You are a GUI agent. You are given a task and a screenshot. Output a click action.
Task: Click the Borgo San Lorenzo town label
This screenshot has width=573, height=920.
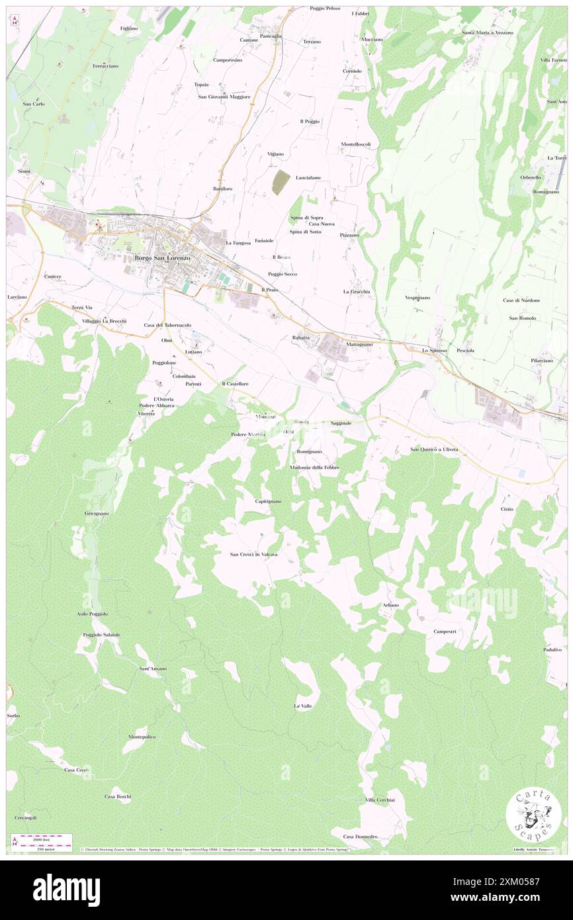162,257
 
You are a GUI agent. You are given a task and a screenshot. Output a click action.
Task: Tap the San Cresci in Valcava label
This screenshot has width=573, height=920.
253,554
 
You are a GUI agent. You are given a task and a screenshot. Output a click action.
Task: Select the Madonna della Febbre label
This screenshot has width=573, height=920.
314,467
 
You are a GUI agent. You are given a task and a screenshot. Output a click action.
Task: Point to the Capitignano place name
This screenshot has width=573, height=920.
268,501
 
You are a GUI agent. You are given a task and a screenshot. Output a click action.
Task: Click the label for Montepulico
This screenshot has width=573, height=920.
142,737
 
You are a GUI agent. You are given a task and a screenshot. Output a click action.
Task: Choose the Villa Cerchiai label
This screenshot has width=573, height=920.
380,800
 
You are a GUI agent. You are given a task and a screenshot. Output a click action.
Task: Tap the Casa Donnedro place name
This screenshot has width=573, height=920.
360,837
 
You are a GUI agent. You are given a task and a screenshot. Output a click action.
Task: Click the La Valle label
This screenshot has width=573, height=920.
302,706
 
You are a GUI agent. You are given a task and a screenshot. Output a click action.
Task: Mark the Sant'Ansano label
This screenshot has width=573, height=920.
153,668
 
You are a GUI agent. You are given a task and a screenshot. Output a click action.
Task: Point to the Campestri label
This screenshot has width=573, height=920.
445,631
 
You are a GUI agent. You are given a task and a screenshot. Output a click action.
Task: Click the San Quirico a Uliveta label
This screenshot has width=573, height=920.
434,449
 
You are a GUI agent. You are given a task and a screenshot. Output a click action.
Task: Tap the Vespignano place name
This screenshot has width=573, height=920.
418,298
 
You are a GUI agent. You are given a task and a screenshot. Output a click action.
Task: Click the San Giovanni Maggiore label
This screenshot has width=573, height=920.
224,97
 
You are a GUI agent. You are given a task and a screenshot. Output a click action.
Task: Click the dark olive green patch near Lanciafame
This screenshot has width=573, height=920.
281,183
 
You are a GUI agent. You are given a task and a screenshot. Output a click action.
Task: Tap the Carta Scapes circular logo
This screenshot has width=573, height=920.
533,815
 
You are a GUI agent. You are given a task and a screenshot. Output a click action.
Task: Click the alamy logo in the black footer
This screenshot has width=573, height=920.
66,890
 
